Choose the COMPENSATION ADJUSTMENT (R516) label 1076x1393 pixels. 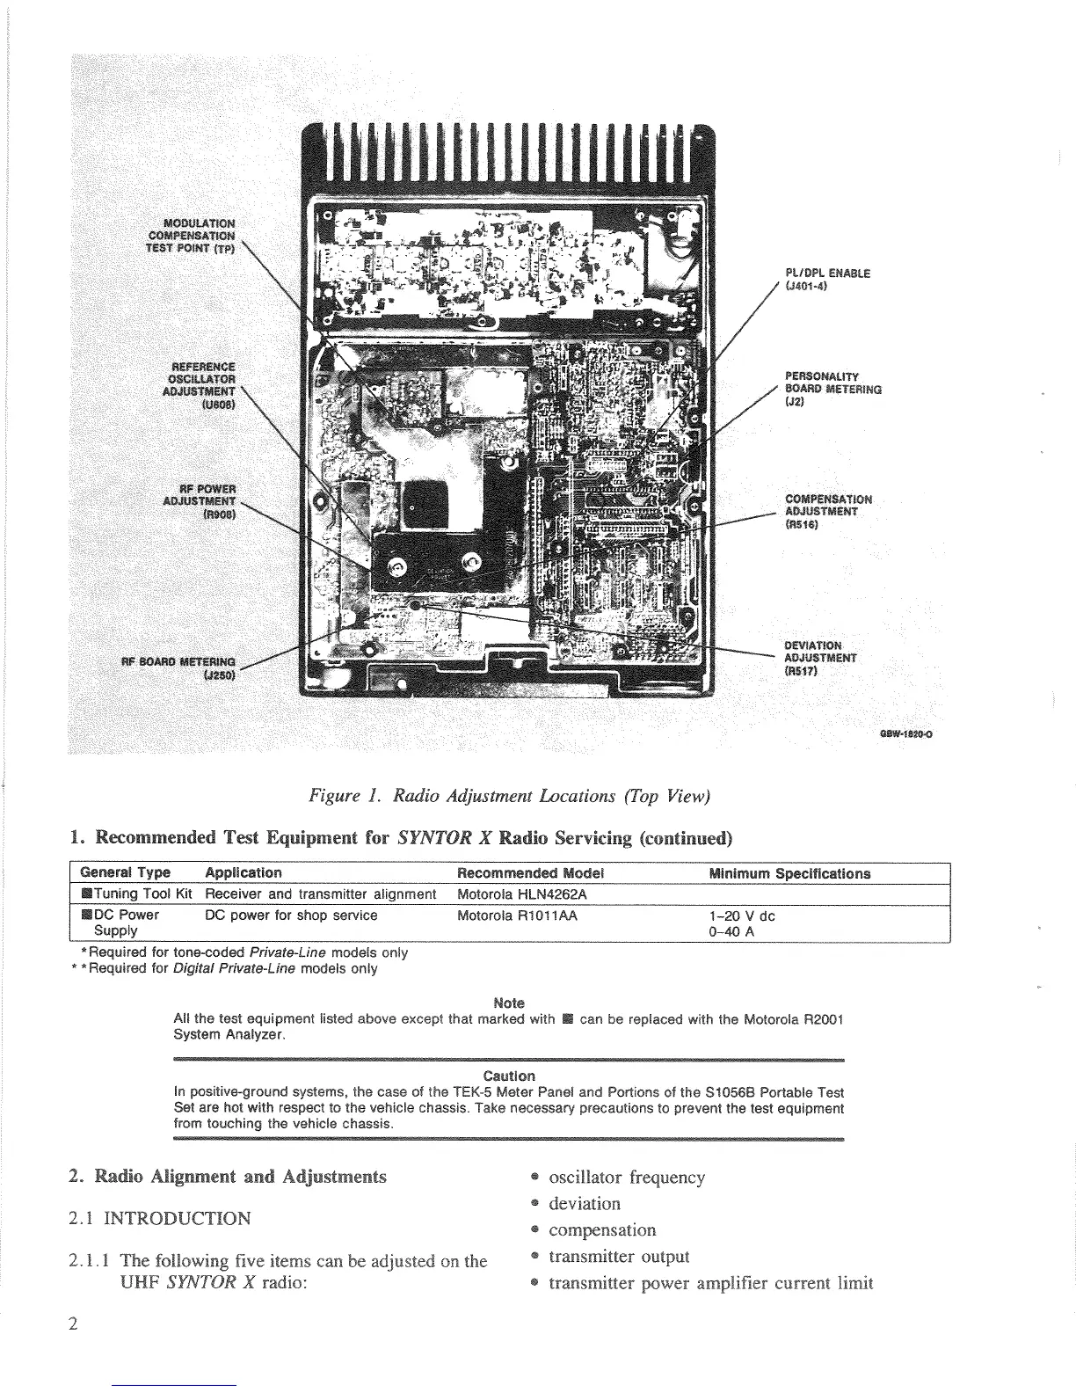click(827, 511)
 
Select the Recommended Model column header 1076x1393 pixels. click(531, 873)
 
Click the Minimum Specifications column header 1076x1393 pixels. click(789, 873)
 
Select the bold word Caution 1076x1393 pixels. click(509, 1076)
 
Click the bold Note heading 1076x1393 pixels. click(509, 1003)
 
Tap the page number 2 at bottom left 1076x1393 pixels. click(74, 1324)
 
